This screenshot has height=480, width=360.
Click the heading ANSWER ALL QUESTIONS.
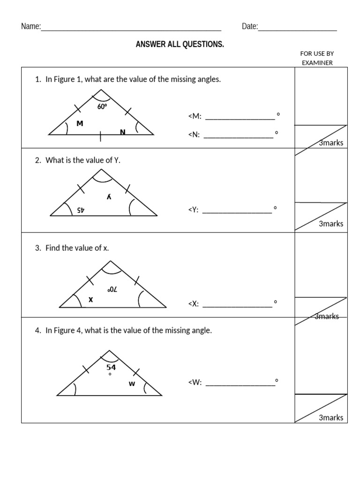[180, 45]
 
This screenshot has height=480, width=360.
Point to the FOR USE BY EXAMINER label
[317, 58]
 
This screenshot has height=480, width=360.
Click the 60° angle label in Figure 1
[102, 107]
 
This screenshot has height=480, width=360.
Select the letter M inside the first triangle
[79, 124]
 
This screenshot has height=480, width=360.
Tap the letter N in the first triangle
[122, 132]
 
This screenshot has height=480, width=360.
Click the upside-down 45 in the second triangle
[80, 210]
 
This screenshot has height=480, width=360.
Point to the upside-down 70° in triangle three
[112, 289]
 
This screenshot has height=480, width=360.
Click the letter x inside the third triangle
[91, 299]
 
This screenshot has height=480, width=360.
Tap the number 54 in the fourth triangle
[111, 367]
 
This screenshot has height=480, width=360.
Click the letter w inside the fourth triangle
[132, 384]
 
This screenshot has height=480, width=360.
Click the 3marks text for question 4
[331, 418]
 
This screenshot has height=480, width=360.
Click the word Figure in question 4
[65, 330]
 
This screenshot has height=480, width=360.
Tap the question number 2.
[37, 160]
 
